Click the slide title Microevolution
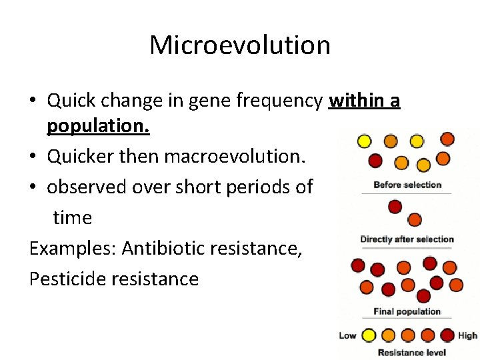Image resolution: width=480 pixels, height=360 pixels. click(x=240, y=45)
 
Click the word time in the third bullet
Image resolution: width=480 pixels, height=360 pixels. click(x=72, y=217)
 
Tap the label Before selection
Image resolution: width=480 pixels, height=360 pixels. click(x=407, y=185)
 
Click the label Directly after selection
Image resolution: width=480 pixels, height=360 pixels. click(x=407, y=239)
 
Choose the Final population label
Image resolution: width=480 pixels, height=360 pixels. click(x=407, y=311)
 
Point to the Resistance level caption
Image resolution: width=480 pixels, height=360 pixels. click(x=411, y=352)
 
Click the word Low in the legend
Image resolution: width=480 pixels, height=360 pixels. click(x=347, y=335)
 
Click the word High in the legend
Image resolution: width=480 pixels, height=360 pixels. click(x=467, y=335)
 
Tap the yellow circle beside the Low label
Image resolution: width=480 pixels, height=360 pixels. click(x=367, y=335)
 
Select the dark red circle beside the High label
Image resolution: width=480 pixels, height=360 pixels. click(x=447, y=335)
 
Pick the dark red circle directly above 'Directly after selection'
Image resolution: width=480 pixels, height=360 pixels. click(x=395, y=207)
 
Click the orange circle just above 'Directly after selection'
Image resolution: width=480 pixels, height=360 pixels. click(x=414, y=219)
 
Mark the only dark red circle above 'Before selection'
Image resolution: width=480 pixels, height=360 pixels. click(x=375, y=160)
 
